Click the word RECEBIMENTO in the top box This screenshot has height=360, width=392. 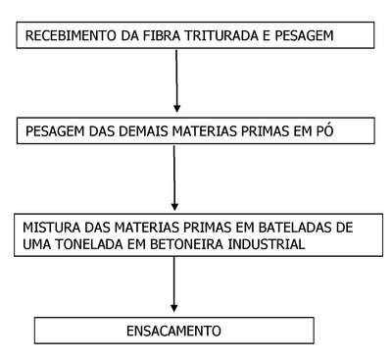pos(71,35)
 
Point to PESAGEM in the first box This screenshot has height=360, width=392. pos(305,35)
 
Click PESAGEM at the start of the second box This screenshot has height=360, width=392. pos(55,131)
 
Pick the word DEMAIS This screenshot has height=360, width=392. pos(143,131)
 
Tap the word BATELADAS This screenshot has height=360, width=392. pos(295,228)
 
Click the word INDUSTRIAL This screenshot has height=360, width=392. pos(267,244)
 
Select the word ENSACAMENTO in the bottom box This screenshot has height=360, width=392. pos(173,331)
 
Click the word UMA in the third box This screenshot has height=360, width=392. pos(36,244)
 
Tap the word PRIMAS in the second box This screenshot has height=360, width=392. pos(265,131)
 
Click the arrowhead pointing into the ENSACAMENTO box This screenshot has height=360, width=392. pos(174,308)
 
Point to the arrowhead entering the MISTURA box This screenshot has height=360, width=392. pos(174,206)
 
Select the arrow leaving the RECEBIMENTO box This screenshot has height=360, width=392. pos(176,81)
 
